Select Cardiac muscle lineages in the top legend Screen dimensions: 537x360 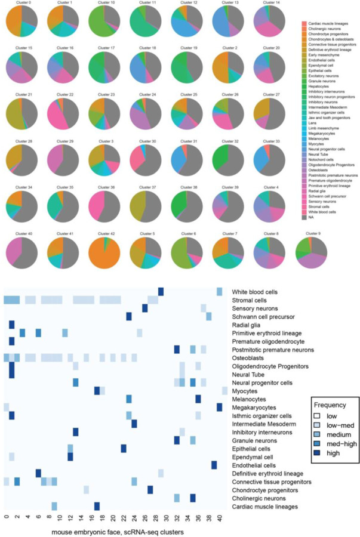tap(330, 23)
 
